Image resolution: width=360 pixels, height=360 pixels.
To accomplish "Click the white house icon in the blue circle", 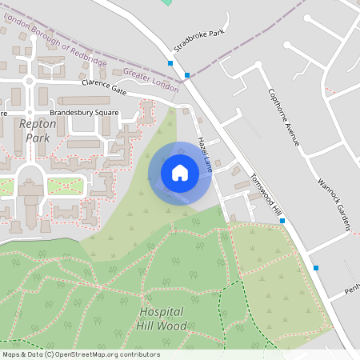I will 180,172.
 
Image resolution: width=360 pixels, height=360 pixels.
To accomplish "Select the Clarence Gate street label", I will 104,83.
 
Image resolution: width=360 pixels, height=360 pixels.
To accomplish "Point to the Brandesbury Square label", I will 84,113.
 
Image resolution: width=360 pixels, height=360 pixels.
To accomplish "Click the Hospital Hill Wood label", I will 162,318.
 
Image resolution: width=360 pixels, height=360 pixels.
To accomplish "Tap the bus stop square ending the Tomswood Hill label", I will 282,221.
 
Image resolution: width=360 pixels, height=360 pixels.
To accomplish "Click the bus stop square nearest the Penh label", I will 316,268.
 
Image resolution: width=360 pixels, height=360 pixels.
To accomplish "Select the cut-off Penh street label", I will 351,288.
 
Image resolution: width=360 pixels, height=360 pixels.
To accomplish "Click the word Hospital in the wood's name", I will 162,311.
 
